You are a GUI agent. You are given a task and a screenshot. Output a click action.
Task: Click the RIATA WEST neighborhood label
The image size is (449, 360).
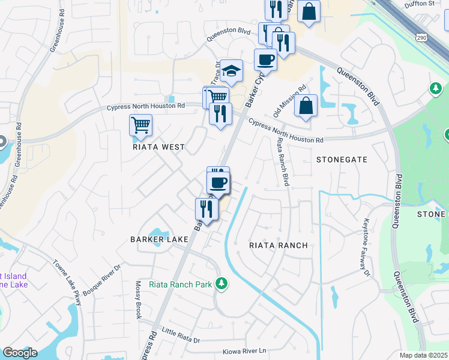pos(159,147)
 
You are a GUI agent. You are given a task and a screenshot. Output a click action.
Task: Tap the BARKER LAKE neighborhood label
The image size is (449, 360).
pos(160,239)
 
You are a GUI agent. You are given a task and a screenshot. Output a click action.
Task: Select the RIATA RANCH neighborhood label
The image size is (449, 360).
pos(279,245)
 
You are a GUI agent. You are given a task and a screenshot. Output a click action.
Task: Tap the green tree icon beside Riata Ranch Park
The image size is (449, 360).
pos(222,283)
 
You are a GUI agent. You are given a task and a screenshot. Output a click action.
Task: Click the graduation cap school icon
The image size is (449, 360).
pos(231,72)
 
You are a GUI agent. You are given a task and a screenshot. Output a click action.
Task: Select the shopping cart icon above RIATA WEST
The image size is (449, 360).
pos(140,125)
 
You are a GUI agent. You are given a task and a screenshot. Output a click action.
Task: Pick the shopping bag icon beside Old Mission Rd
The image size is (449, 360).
pos(306,106)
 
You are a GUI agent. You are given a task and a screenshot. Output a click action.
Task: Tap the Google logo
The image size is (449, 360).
pos(20,353)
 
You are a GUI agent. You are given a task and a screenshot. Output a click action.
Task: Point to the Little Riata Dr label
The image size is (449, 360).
pos(181,336)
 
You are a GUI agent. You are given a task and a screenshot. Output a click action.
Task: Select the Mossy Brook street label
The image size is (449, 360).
pos(138,300)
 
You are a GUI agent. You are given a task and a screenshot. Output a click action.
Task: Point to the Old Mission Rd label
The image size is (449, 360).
pos(290,100)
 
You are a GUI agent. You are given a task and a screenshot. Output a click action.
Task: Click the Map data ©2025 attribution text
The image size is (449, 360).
pos(423,355)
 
